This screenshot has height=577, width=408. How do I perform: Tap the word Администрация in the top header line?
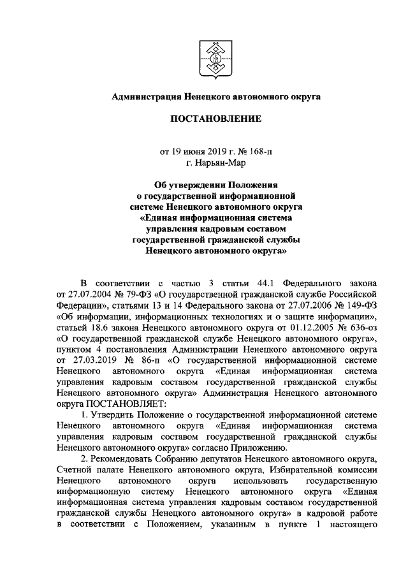click(x=146, y=97)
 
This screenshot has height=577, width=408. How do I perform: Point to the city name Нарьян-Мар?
click(x=212, y=163)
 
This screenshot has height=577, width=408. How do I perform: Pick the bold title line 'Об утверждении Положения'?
click(x=211, y=184)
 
